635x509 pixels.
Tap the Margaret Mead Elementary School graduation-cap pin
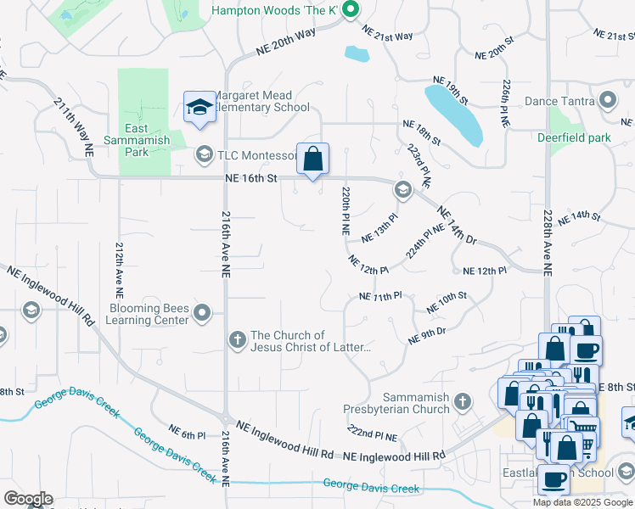[199, 108]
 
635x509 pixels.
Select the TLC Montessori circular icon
[204, 154]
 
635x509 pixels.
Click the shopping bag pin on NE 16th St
[312, 159]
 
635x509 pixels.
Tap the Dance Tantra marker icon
[607, 101]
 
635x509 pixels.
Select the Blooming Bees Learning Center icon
[202, 315]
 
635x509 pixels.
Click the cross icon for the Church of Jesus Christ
[238, 340]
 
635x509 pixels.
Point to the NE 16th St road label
[251, 178]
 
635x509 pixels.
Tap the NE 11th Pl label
[379, 297]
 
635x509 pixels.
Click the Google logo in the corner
[28, 499]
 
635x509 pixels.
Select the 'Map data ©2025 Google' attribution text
[582, 502]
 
